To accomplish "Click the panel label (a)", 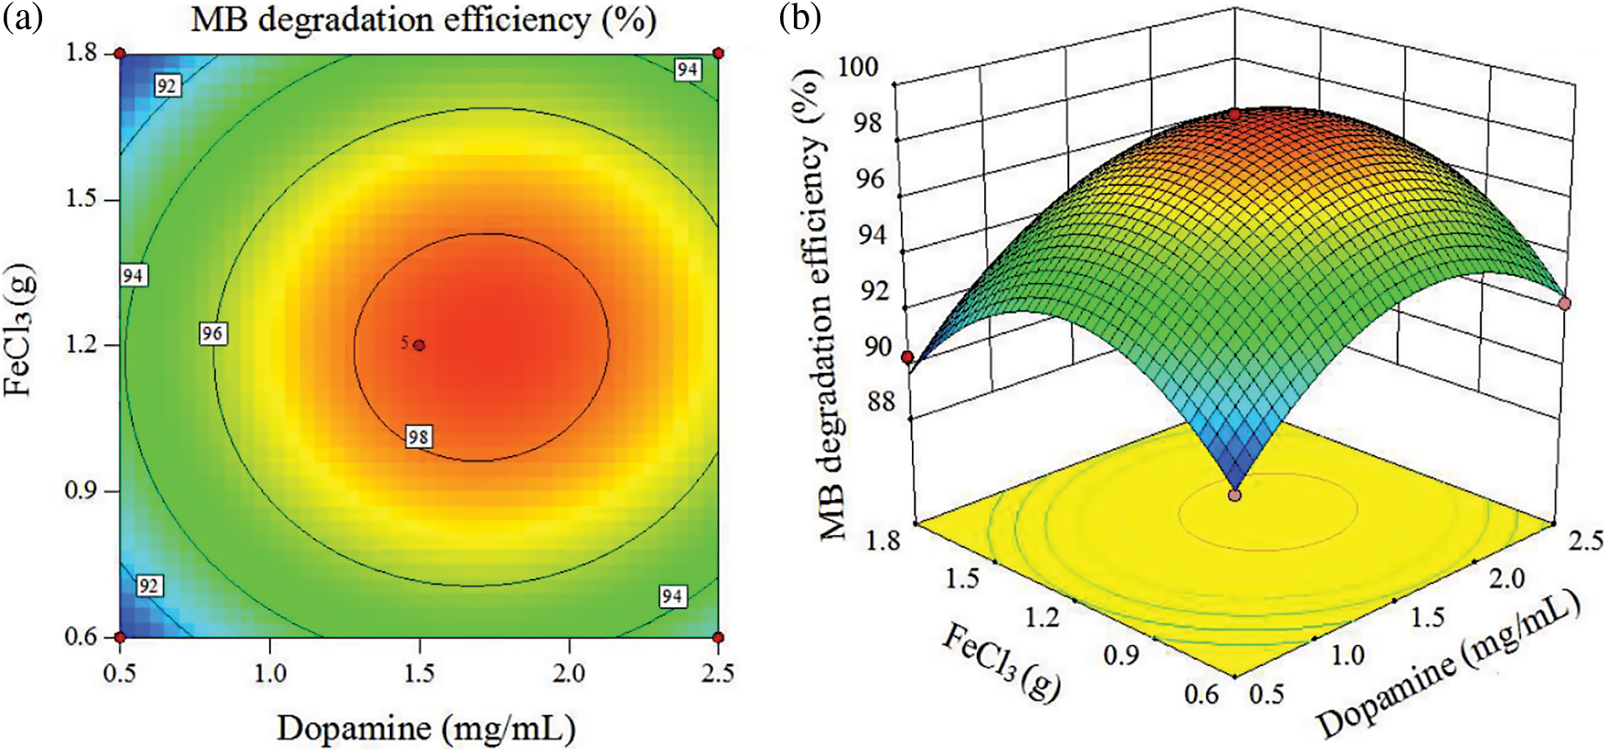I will pos(22,17).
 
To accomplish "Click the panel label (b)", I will pos(800,17).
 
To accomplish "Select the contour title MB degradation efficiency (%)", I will pos(423,20).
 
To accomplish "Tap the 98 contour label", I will pos(418,437).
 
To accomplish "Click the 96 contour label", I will pos(212,333).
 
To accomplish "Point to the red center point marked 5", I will pos(419,345).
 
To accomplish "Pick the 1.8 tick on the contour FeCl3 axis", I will pos(81,53).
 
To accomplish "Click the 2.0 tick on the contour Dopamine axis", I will pos(569,673).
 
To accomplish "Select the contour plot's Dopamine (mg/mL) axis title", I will pos(426,728).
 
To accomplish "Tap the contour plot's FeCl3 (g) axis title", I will pos(20,330).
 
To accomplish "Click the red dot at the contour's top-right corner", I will pos(718,54).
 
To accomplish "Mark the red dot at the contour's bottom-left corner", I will pos(120,638).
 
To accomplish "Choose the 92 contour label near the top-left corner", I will pos(167,86).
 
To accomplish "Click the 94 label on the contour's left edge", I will pos(133,275).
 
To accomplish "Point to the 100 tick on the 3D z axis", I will pos(859,67).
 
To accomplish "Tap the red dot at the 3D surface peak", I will pos(1234,114).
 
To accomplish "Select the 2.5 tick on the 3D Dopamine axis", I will pos(1585,541).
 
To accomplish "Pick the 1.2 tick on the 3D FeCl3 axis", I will pos(1041,617).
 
